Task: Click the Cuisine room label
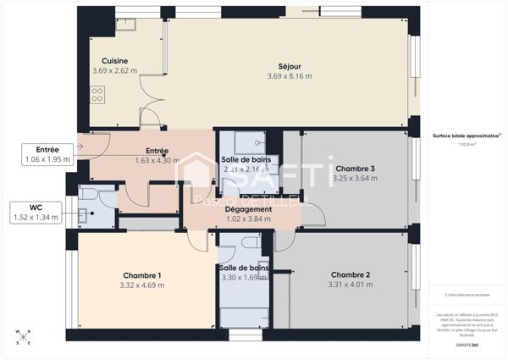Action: pyautogui.click(x=114, y=61)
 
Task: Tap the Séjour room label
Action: pyautogui.click(x=290, y=66)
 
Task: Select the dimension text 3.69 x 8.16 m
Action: pyautogui.click(x=290, y=76)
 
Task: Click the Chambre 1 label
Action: pyautogui.click(x=142, y=275)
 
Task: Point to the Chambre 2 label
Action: pyautogui.click(x=351, y=275)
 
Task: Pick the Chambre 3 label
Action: pyautogui.click(x=354, y=169)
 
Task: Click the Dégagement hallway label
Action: pyautogui.click(x=249, y=209)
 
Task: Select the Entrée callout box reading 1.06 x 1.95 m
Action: pyautogui.click(x=47, y=153)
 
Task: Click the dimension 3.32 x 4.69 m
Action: pyautogui.click(x=142, y=285)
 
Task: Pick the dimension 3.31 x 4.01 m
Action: pyautogui.click(x=351, y=285)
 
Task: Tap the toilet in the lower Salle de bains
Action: pyautogui.click(x=250, y=243)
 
